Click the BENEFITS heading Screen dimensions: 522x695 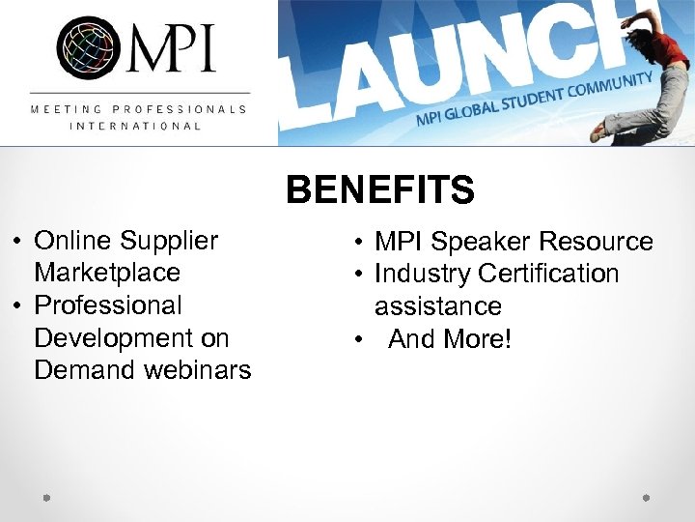click(380, 190)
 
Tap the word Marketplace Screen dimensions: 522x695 click(107, 273)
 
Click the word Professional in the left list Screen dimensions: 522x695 click(108, 305)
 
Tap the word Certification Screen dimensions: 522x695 click(548, 274)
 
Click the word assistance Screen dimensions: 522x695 click(438, 306)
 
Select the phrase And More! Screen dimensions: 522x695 click(450, 339)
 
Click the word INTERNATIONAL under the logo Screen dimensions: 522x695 click(135, 126)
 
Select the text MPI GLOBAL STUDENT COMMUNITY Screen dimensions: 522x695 click(535, 99)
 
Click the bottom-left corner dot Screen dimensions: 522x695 click(45, 498)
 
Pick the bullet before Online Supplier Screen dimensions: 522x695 click(17, 240)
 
